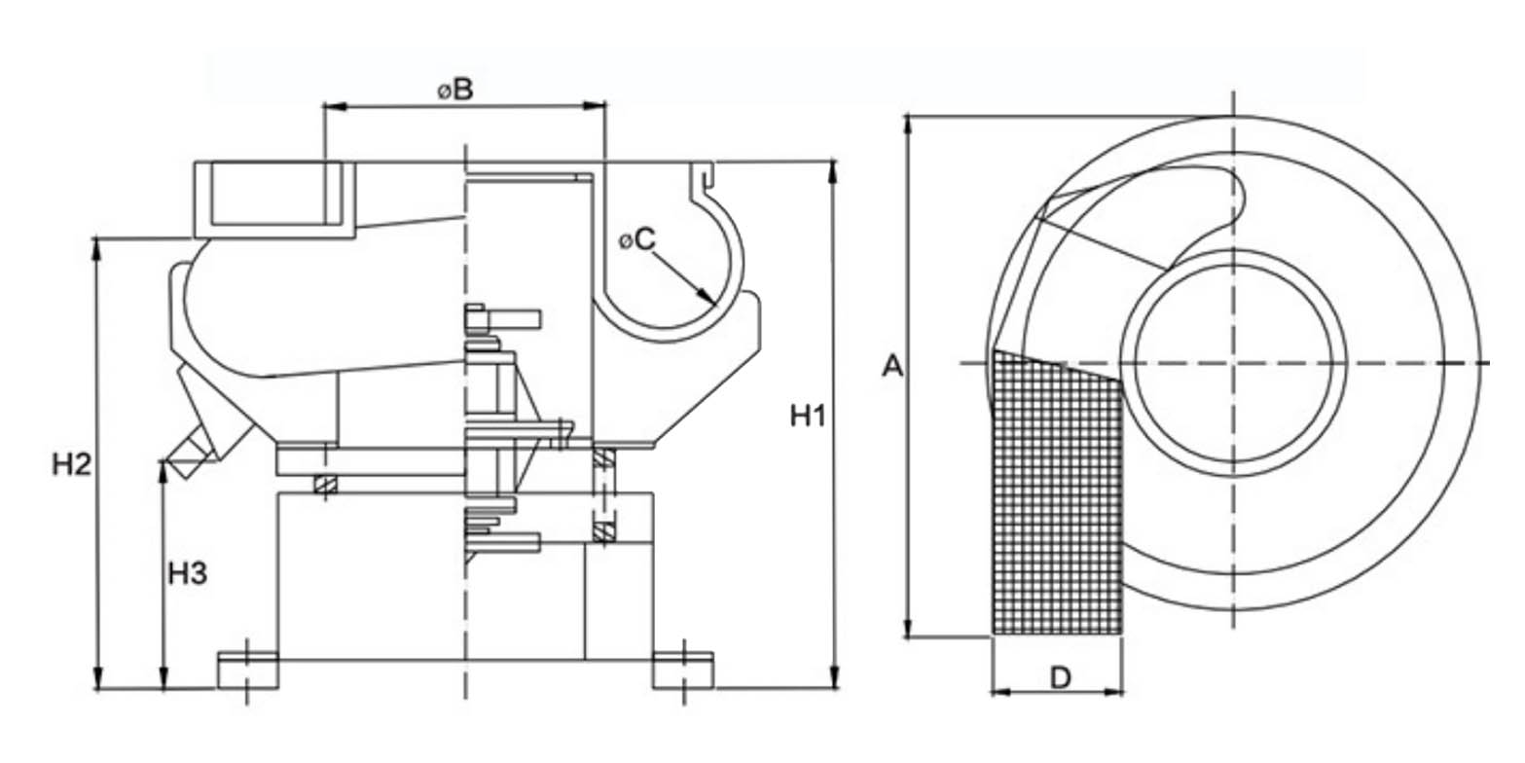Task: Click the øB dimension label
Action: [x=454, y=91]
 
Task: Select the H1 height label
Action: [x=807, y=417]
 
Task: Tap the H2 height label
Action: [x=71, y=465]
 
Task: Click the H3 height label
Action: [x=188, y=574]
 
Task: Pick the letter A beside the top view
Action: [x=891, y=367]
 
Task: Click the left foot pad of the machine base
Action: [x=247, y=671]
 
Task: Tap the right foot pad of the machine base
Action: [x=683, y=671]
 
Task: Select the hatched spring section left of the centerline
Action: [x=325, y=484]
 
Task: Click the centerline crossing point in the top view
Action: [x=1234, y=363]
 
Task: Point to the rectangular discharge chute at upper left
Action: [x=274, y=200]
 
